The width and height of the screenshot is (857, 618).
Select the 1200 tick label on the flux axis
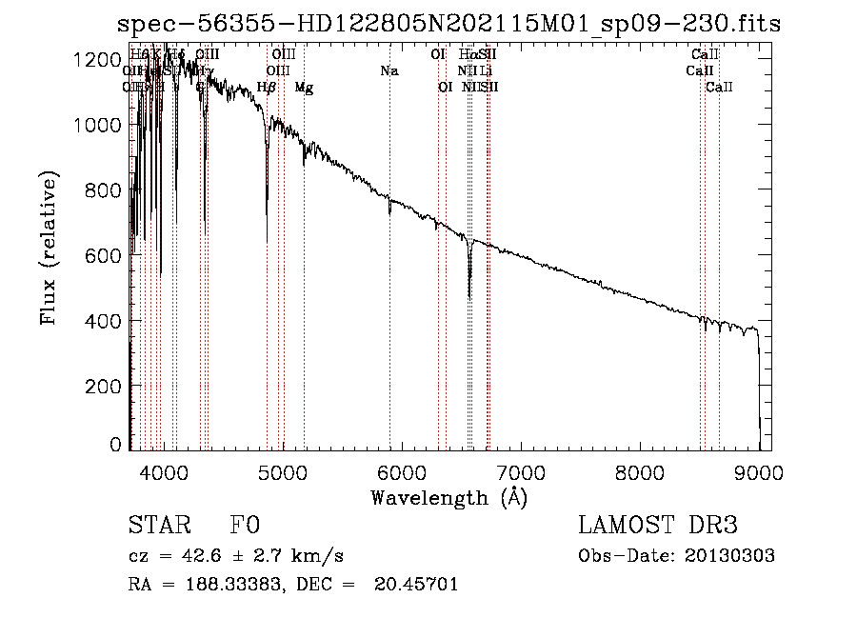[99, 60]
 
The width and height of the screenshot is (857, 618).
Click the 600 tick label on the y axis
[107, 255]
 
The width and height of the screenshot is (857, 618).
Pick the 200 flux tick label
[107, 386]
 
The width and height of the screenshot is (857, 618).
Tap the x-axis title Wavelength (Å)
[448, 497]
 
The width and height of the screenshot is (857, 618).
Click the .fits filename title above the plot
[448, 24]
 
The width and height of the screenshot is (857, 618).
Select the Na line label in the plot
[389, 70]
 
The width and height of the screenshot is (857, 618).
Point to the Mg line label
[304, 88]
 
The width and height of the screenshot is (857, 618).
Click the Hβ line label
[267, 88]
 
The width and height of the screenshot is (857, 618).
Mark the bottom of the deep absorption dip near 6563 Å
[469, 296]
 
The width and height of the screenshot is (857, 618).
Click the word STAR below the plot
[159, 527]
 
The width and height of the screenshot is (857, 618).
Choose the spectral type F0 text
[245, 527]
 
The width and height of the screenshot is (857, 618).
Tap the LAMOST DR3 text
[658, 527]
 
